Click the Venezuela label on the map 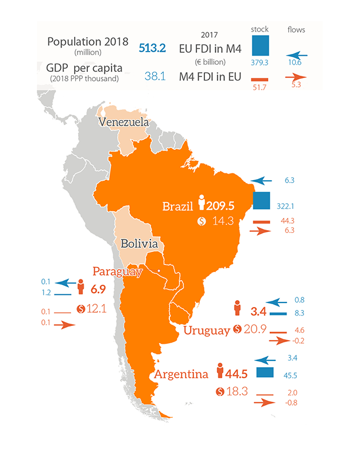coord(123,123)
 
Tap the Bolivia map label coord(139,244)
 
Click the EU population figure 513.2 coord(152,48)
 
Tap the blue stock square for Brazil coord(262,200)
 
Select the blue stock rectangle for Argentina coord(265,372)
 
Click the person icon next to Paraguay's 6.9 coord(81,286)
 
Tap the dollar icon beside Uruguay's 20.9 coord(237,330)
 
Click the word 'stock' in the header coord(260,29)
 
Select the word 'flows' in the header coord(296,29)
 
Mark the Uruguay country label coord(207,331)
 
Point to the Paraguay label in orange coord(117,271)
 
